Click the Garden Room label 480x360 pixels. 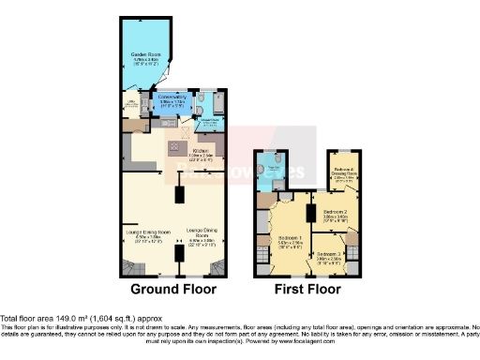(x=143, y=58)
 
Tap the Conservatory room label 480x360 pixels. (x=173, y=97)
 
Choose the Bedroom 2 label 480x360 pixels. (x=336, y=213)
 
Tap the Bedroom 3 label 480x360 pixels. (x=329, y=254)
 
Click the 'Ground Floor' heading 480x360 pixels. (x=173, y=290)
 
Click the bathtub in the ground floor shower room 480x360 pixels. (x=217, y=101)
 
